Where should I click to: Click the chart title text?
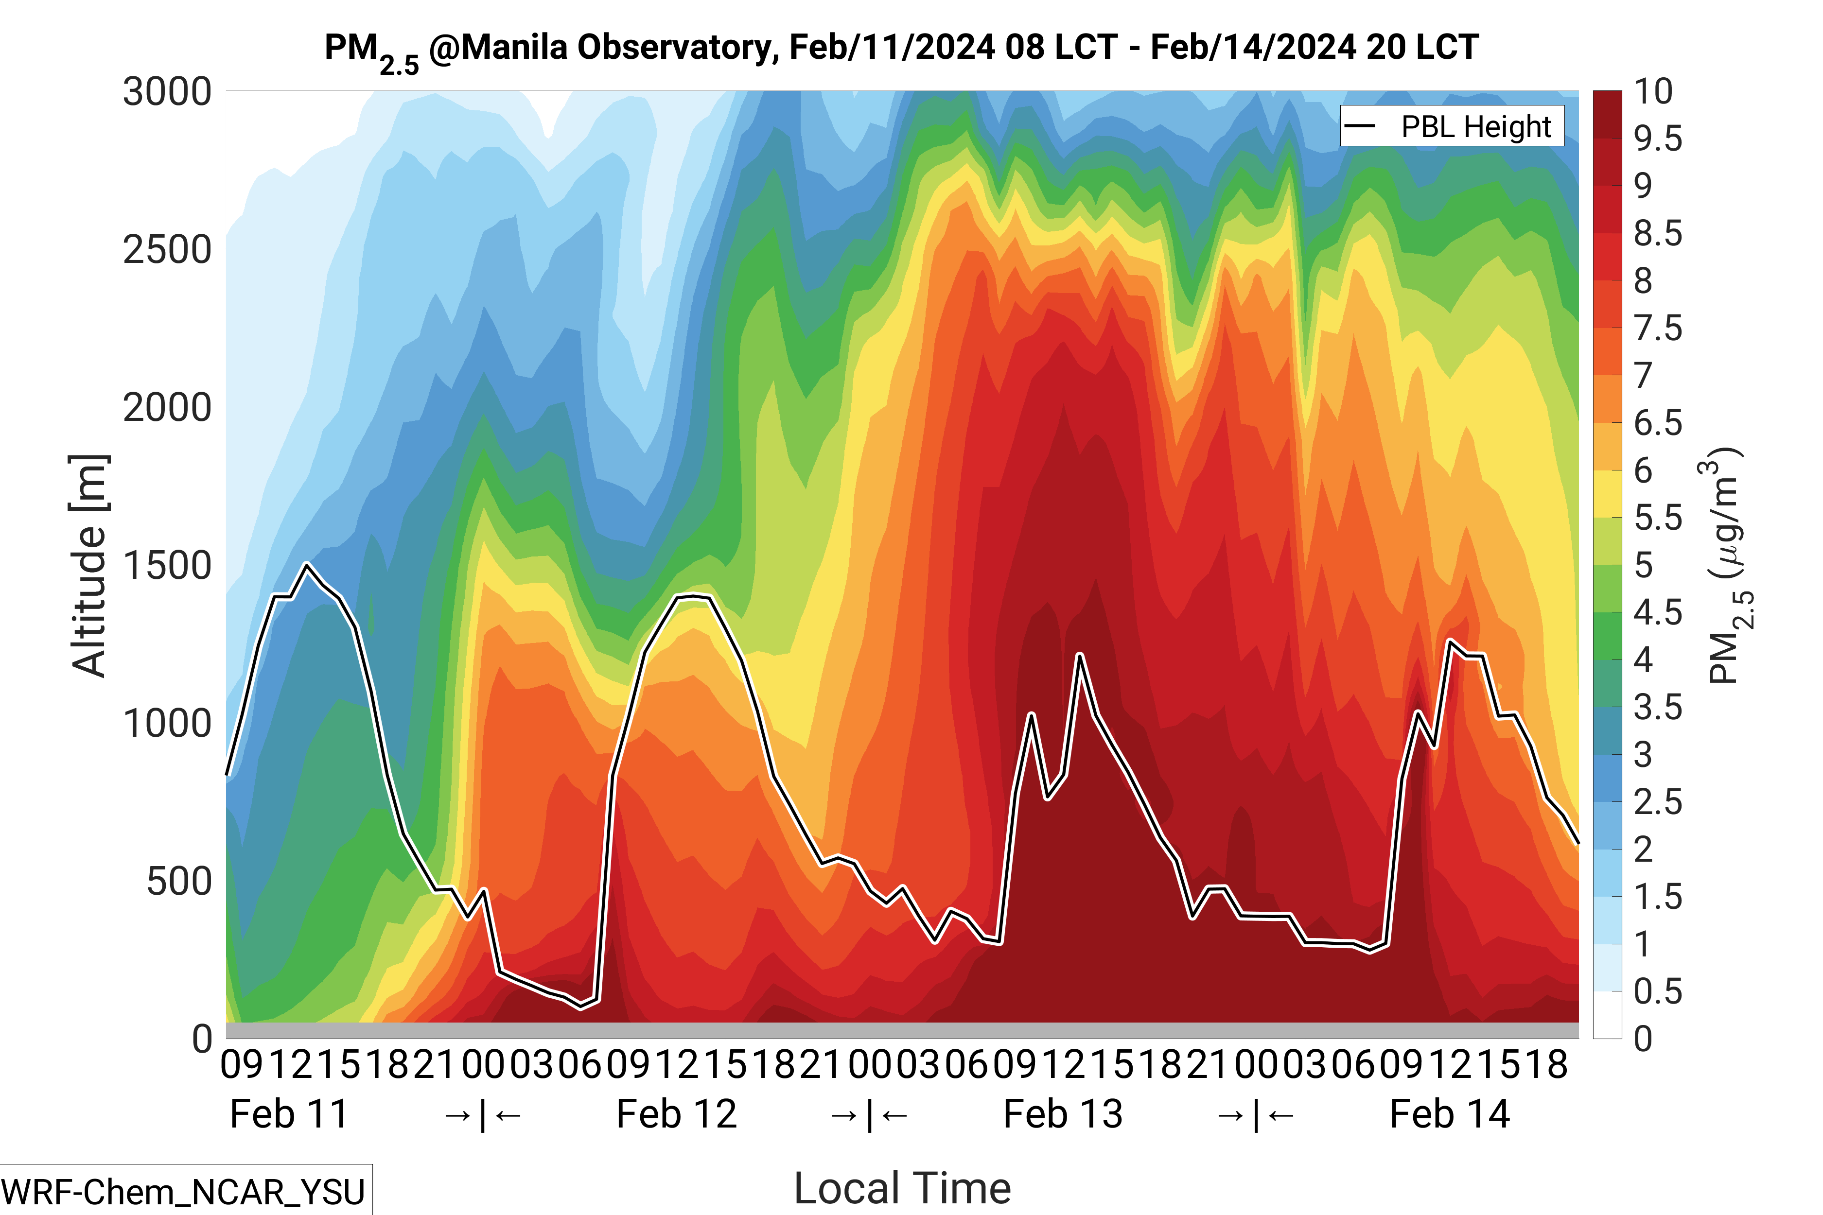[x=901, y=48]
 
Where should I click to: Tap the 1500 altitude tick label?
[x=167, y=566]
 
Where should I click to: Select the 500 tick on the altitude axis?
[x=178, y=882]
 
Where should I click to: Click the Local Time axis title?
[x=902, y=1188]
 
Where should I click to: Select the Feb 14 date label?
[x=1450, y=1114]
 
